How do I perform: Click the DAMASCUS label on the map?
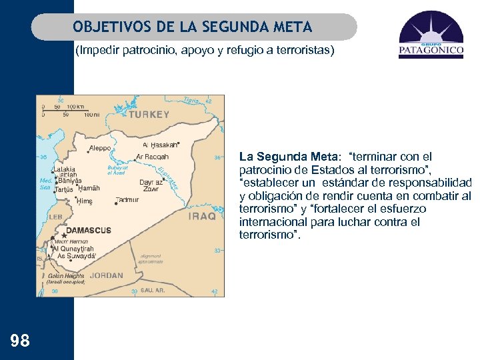click(88, 230)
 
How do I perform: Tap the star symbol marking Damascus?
click(64, 235)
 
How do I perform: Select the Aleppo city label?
click(99, 147)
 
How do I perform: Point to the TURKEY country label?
click(149, 115)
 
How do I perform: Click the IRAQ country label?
click(202, 216)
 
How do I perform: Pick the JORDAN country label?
click(107, 275)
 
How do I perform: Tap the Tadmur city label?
click(127, 199)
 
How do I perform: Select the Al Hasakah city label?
click(159, 145)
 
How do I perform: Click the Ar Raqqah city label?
click(152, 157)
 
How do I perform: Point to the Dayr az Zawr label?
click(150, 185)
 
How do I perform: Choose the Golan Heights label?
click(66, 275)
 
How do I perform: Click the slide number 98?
click(20, 341)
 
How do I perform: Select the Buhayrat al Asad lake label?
click(117, 170)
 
